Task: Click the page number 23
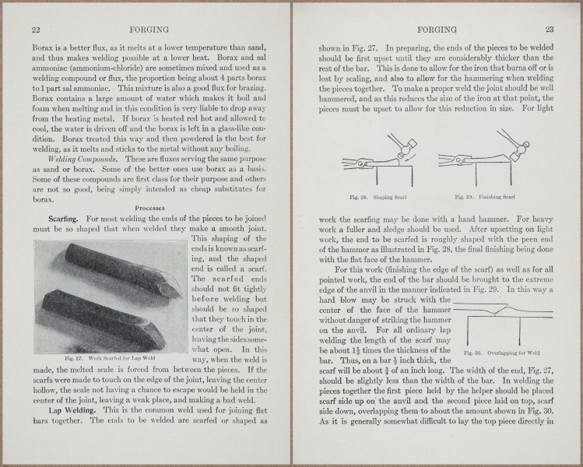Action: pyautogui.click(x=549, y=30)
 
